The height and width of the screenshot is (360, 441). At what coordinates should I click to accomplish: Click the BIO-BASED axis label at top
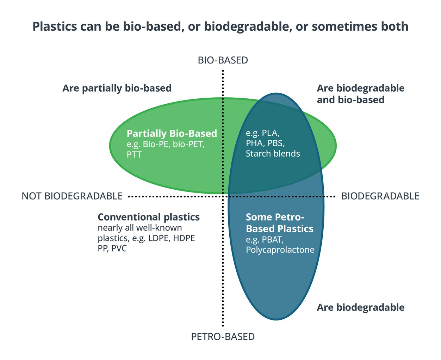point(223,60)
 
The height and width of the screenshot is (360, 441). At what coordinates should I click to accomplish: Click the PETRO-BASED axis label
point(223,337)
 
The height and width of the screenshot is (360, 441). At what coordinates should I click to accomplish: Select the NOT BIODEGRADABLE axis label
point(72,196)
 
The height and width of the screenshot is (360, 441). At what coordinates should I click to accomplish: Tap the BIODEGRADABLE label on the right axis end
point(380,196)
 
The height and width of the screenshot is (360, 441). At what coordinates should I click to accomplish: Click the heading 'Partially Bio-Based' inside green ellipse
point(172,134)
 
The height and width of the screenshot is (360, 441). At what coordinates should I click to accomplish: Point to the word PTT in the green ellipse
point(134,154)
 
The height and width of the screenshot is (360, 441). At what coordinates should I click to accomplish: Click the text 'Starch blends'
point(273,154)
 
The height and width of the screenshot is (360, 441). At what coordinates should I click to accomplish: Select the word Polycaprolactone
point(280,250)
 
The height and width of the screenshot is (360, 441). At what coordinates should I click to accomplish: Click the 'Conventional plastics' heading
point(149,217)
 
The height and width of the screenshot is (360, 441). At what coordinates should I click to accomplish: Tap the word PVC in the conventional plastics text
point(119,249)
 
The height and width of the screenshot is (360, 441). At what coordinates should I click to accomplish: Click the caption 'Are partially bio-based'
point(117,88)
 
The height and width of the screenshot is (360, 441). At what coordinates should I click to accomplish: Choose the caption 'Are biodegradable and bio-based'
point(360,94)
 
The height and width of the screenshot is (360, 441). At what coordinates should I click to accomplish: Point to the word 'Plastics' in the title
point(54,27)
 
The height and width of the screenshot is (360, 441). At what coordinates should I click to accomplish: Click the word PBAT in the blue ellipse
point(272,240)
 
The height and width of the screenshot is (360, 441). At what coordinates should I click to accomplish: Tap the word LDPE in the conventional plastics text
point(159,238)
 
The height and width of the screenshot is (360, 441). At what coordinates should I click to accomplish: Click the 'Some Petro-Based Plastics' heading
point(279,223)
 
